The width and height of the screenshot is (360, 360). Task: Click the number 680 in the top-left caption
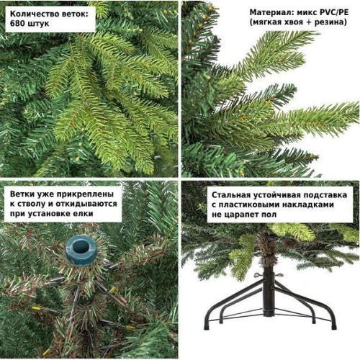(x=17, y=23)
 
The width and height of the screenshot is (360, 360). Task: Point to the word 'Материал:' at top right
(x=269, y=12)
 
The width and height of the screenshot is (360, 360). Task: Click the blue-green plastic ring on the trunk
(x=81, y=250)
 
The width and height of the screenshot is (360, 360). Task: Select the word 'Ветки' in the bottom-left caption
(x=22, y=194)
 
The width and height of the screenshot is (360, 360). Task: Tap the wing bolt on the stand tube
(x=259, y=275)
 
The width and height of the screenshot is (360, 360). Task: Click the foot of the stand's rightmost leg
(x=333, y=325)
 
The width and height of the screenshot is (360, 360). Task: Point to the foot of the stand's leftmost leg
(x=207, y=325)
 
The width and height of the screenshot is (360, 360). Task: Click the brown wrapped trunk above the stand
(x=267, y=250)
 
